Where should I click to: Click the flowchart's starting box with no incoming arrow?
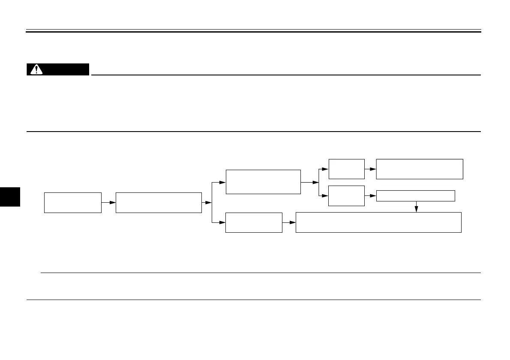click(x=73, y=202)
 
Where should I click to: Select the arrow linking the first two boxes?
click(x=109, y=202)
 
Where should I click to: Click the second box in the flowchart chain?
click(x=159, y=202)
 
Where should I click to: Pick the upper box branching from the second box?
click(x=263, y=182)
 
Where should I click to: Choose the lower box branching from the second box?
click(x=254, y=222)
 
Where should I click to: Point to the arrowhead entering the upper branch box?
click(x=222, y=182)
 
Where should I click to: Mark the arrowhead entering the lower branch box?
click(x=222, y=222)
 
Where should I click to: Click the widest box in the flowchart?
click(x=378, y=222)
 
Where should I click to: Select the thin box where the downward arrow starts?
click(x=415, y=196)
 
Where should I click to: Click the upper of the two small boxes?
click(x=346, y=169)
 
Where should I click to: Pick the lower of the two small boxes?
click(x=346, y=195)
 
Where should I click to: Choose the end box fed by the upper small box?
click(x=420, y=169)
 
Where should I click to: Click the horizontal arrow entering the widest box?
click(x=289, y=222)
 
